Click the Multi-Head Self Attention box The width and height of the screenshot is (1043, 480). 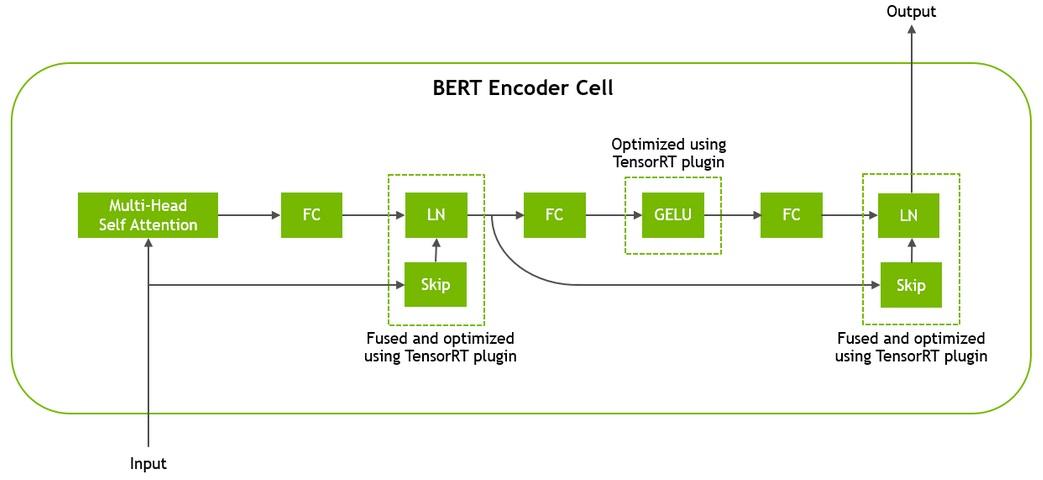[148, 215]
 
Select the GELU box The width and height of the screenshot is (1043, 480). [672, 215]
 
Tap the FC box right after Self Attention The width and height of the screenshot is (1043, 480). [311, 215]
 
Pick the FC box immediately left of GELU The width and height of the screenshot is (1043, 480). [553, 215]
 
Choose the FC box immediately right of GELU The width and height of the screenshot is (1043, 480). [791, 215]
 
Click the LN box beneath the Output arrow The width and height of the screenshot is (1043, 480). [909, 215]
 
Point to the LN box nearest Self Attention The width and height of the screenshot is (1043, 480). [435, 215]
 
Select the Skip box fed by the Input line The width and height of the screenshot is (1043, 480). [435, 286]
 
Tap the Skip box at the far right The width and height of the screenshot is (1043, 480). [909, 286]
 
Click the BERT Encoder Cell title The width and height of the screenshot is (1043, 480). [522, 88]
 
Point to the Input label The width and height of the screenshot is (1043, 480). [148, 464]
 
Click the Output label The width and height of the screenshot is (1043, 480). [910, 12]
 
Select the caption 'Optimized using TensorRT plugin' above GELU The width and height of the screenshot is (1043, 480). [669, 153]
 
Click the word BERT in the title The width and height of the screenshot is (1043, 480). [458, 88]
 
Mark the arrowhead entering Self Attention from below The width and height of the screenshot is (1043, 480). [148, 244]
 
